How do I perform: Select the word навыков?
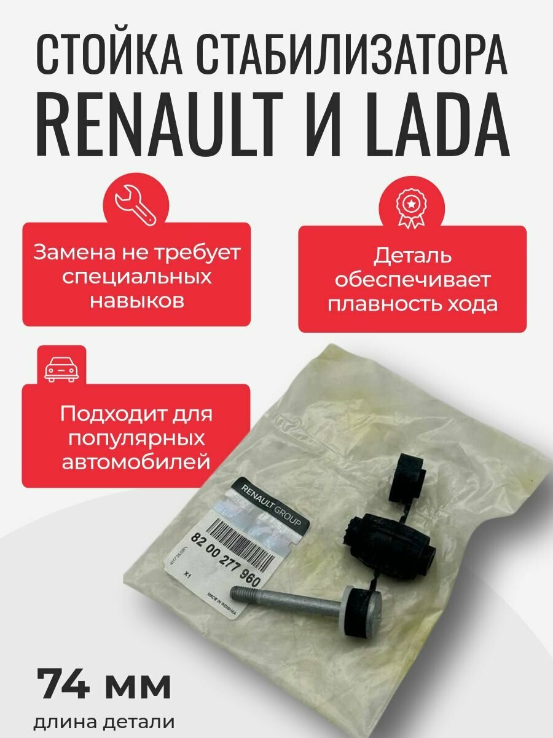[x=136, y=301]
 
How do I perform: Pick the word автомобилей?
[x=136, y=462]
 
